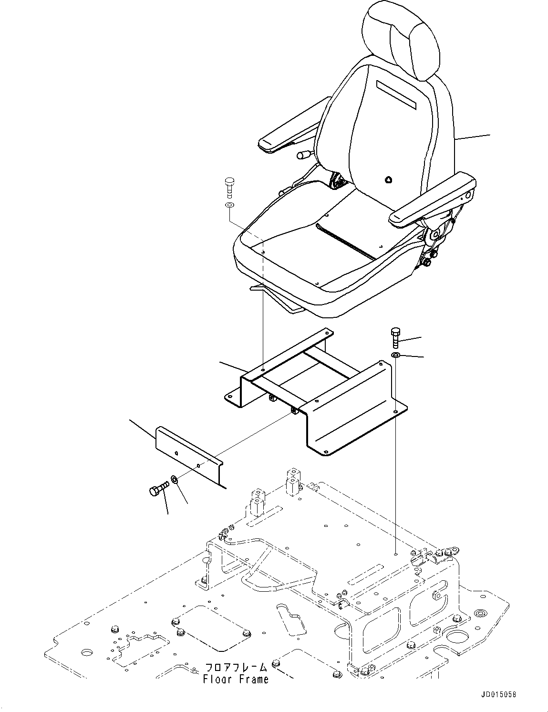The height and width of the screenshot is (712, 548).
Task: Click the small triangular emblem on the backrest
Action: pyautogui.click(x=389, y=180)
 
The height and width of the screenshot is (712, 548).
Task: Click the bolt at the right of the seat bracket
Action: pyautogui.click(x=395, y=338)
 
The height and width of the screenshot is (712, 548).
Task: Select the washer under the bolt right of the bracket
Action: pyautogui.click(x=396, y=356)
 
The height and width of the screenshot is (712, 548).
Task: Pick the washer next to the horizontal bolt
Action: pyautogui.click(x=175, y=479)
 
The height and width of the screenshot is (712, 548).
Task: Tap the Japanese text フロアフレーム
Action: pyautogui.click(x=236, y=667)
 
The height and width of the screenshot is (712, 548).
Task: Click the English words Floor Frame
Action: pyautogui.click(x=236, y=679)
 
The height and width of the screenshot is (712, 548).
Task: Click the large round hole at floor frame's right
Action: pyautogui.click(x=459, y=636)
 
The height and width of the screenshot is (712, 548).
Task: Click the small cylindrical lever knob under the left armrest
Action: pyautogui.click(x=304, y=154)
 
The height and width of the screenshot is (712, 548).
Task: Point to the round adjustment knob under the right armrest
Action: pyautogui.click(x=426, y=262)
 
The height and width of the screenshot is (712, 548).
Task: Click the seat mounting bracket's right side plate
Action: pyautogui.click(x=355, y=410)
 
